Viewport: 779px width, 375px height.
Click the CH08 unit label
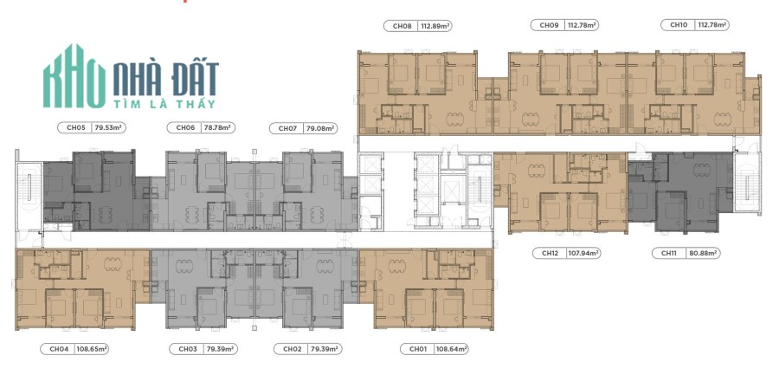point(402,26)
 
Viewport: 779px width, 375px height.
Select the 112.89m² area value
point(435,26)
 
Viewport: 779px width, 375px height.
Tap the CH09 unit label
point(549,25)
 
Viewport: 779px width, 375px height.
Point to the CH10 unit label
point(678,24)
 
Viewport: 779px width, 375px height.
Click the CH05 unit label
point(76,128)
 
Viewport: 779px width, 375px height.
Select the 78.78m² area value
point(218,128)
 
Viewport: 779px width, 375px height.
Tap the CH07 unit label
point(287,129)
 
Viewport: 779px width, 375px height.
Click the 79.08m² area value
point(320,129)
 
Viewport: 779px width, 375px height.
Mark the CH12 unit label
point(550,253)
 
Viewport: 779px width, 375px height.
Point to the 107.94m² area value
point(583,253)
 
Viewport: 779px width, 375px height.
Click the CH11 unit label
point(670,253)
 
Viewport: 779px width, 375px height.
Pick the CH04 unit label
point(59,349)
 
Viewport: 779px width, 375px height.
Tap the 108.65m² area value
point(92,349)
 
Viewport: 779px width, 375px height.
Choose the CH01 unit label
point(418,349)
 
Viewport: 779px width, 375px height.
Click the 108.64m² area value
point(452,349)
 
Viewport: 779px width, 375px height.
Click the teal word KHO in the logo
point(74,76)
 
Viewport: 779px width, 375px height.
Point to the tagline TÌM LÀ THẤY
point(164,104)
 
